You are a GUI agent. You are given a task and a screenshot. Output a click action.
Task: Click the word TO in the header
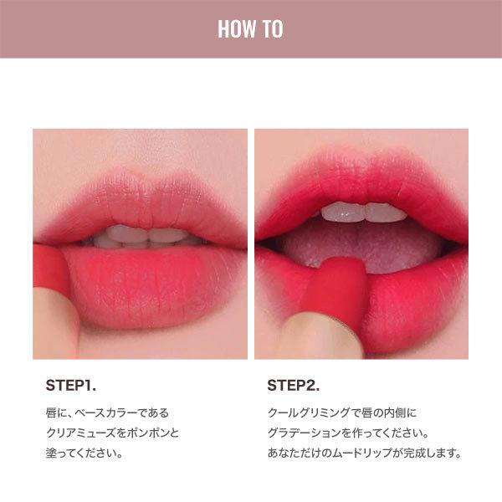273,29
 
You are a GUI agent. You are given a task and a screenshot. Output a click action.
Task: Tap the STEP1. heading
71,386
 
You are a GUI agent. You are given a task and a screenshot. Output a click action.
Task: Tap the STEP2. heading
294,386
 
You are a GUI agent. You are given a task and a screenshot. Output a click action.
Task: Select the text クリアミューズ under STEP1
81,433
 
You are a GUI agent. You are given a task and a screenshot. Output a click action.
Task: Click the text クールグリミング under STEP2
309,412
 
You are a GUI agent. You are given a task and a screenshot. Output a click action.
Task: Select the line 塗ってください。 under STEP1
85,453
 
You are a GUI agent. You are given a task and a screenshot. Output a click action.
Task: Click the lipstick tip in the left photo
49,266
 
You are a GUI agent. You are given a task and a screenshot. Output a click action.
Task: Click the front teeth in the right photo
363,212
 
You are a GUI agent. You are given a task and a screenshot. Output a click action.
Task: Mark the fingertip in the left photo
54,323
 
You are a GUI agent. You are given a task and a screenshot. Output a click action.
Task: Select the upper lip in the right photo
361,186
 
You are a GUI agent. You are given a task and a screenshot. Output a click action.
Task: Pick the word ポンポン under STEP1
147,433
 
